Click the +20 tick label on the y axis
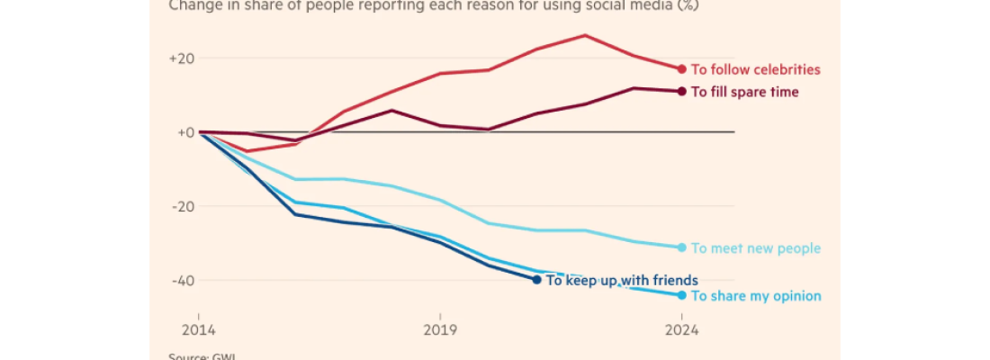pyautogui.click(x=182, y=58)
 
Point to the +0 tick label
pyautogui.click(x=184, y=132)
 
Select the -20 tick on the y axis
pyautogui.click(x=184, y=206)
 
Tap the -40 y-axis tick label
pyautogui.click(x=184, y=280)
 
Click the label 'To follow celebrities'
pyautogui.click(x=755, y=69)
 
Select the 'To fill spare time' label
pyautogui.click(x=744, y=92)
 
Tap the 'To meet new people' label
pyautogui.click(x=755, y=248)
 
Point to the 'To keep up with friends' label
pyautogui.click(x=622, y=280)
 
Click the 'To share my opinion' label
pyautogui.click(x=755, y=296)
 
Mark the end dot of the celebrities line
pyautogui.click(x=681, y=69)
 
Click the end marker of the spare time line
pyautogui.click(x=681, y=91)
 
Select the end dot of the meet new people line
pyautogui.click(x=681, y=247)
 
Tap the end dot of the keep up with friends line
pyautogui.click(x=536, y=280)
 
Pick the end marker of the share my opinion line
pyautogui.click(x=681, y=295)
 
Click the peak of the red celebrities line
pyautogui.click(x=585, y=35)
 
